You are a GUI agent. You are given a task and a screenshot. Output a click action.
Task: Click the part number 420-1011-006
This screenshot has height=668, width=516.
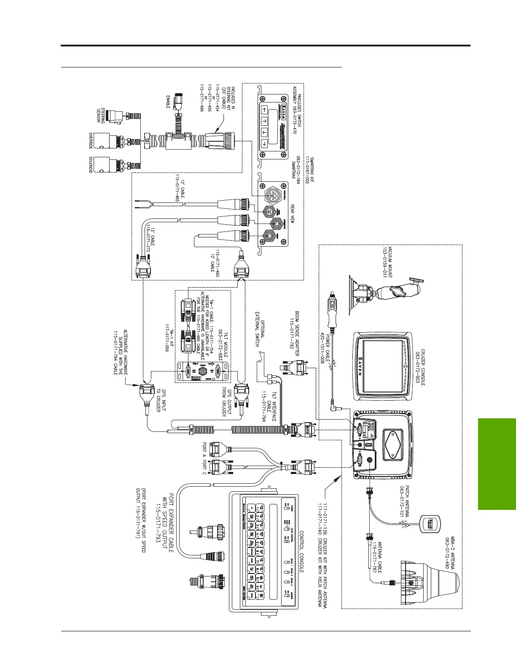coord(322,350)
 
